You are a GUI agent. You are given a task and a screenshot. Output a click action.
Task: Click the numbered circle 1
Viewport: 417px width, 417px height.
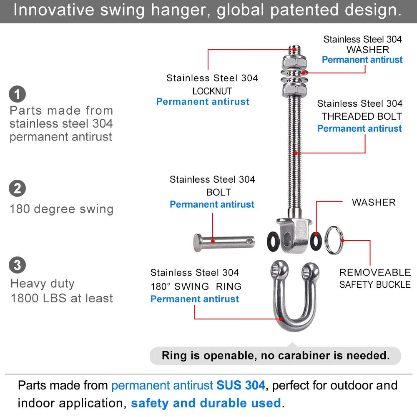click(17, 94)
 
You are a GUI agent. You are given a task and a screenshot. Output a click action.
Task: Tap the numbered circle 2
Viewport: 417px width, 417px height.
click(17, 188)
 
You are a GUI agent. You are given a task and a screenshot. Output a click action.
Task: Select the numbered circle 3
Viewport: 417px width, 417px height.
click(17, 265)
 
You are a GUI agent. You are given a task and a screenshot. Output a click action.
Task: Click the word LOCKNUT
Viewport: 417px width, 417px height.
click(212, 91)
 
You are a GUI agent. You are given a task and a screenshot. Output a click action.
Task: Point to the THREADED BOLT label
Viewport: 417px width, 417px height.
click(362, 116)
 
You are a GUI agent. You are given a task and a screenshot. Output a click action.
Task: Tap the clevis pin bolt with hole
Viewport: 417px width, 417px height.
click(224, 242)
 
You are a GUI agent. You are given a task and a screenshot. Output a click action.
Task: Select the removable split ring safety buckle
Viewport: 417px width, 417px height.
click(334, 240)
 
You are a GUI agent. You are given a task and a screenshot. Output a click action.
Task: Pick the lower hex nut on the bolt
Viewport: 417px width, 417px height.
click(294, 89)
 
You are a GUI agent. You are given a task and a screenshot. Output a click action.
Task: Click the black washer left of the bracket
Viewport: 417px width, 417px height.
click(273, 241)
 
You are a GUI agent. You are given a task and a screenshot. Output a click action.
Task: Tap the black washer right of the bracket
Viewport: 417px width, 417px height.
click(316, 241)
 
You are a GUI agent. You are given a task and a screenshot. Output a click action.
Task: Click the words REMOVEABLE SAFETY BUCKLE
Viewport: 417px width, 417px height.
click(375, 279)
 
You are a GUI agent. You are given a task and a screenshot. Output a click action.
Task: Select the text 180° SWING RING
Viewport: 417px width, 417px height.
click(196, 286)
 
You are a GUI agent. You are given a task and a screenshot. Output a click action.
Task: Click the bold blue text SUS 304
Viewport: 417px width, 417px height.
click(241, 385)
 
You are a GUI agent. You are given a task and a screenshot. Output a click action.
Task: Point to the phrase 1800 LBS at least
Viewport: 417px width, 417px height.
click(62, 298)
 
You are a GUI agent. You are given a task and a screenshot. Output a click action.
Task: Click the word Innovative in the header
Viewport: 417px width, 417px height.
click(54, 10)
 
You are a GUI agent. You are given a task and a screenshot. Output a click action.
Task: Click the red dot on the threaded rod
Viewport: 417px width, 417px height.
click(296, 153)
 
